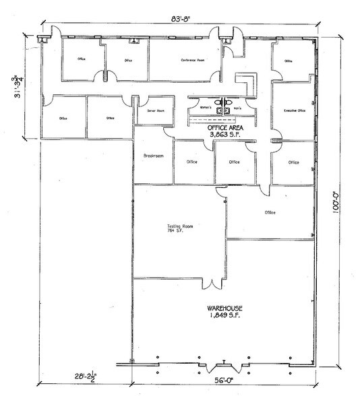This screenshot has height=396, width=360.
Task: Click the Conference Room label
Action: tap(191, 61)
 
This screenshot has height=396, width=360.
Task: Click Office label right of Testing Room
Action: tap(270, 213)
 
